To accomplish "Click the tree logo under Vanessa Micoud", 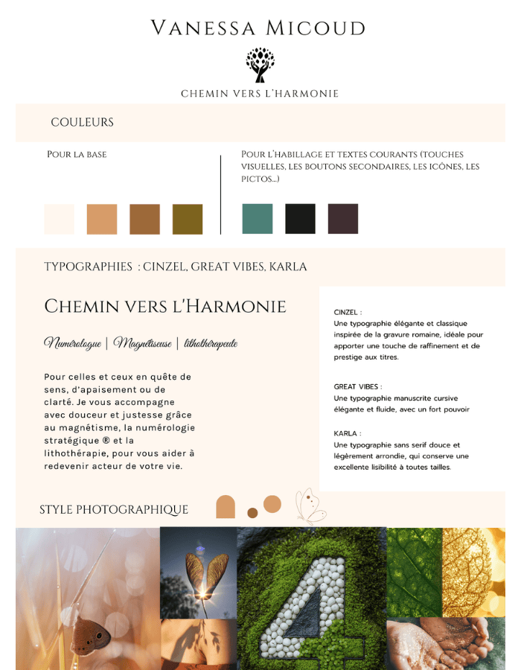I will [260, 65].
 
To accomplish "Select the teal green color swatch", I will [258, 219].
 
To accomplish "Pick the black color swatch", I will [300, 219].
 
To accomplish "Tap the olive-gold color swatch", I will [188, 219].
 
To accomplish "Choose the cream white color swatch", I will [60, 219].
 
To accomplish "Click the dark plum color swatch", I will [343, 219].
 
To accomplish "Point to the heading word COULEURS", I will [82, 123].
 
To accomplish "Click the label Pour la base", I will [77, 155].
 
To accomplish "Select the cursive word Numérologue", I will [72, 343].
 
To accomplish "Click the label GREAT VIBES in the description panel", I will [357, 387].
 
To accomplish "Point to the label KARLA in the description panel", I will [347, 433].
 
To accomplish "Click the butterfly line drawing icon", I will [310, 506].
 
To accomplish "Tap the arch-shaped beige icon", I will [226, 507].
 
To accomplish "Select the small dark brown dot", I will [252, 513].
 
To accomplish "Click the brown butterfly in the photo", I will [91, 635].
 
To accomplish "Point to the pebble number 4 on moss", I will [311, 603].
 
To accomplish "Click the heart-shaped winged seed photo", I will [198, 572].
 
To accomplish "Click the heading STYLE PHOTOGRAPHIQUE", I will [114, 510].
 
